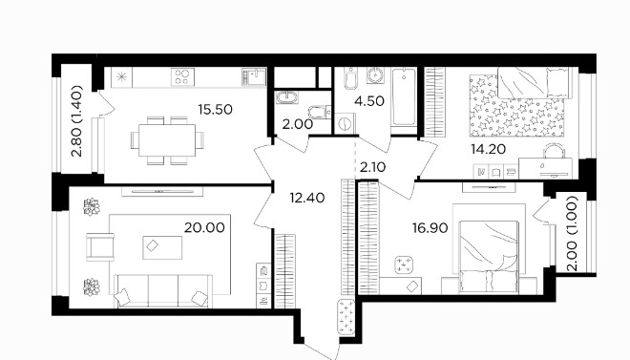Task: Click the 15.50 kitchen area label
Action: click(x=216, y=109)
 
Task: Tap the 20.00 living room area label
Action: click(x=204, y=228)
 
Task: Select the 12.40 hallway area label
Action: click(x=307, y=198)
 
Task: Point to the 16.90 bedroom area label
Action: click(x=430, y=228)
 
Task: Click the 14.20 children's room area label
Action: click(x=488, y=150)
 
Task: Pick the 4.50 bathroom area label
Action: click(x=369, y=101)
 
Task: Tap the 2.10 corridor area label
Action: click(x=373, y=167)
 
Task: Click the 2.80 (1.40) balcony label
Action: click(x=76, y=121)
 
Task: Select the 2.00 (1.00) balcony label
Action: click(x=573, y=233)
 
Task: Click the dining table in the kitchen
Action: click(x=167, y=140)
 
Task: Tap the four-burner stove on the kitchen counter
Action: click(x=183, y=76)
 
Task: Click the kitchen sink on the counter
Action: click(x=254, y=76)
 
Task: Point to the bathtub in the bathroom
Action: click(x=404, y=97)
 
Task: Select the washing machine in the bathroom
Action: click(x=345, y=123)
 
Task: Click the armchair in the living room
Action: click(x=100, y=246)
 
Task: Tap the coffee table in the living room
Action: click(x=162, y=247)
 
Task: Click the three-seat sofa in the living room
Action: click(x=163, y=291)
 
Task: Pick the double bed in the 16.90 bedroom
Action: click(x=489, y=257)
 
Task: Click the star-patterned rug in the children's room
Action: click(x=516, y=105)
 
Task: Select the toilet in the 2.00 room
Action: click(x=320, y=112)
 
